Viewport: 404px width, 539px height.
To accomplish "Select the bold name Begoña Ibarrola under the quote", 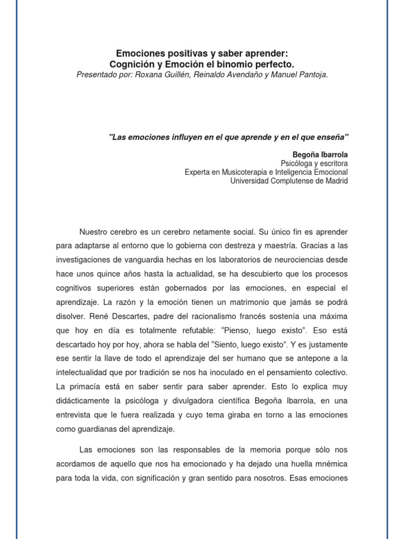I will pyautogui.click(x=320, y=155).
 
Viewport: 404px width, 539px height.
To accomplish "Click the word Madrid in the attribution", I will pyautogui.click(x=336, y=181).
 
